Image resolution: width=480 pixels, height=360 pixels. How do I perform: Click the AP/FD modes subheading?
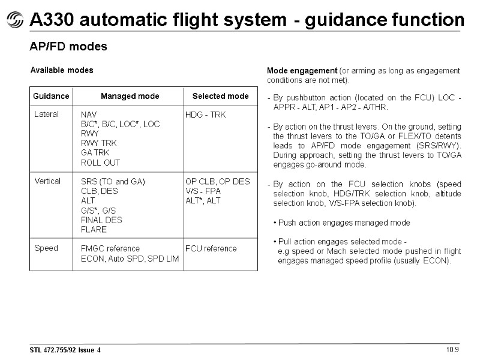click(68, 47)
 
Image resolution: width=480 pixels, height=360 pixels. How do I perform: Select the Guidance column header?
click(51, 96)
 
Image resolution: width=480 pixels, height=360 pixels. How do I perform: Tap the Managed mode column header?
click(130, 96)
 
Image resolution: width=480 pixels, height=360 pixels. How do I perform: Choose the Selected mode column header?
click(220, 96)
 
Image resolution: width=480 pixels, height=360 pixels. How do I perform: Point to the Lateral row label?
click(46, 114)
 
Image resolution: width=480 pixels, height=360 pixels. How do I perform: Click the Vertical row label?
click(47, 181)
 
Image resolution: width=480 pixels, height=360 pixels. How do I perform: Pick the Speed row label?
click(46, 248)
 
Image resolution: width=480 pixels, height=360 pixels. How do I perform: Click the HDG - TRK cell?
click(205, 115)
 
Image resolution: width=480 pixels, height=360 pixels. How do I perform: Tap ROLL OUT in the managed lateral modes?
click(100, 163)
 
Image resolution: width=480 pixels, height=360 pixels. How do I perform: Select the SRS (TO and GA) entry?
click(113, 182)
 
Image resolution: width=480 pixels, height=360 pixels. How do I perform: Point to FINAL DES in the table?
click(101, 220)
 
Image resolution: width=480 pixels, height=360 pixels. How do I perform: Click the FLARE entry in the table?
click(94, 230)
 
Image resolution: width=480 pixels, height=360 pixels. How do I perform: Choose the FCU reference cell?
click(211, 248)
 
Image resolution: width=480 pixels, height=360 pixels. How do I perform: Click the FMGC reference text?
click(110, 248)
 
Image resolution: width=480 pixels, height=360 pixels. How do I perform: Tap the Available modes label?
click(62, 70)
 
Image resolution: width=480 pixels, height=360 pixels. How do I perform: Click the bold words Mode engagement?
click(302, 71)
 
